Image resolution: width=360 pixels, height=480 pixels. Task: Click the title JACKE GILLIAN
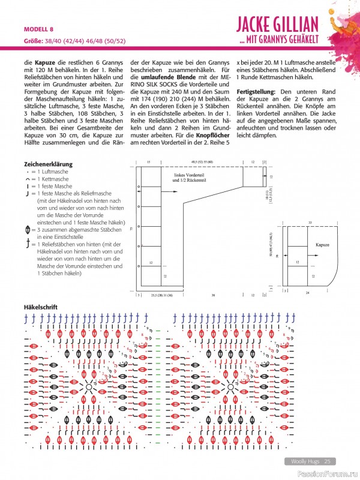(x=284, y=25)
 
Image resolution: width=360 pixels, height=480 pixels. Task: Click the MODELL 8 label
(x=39, y=29)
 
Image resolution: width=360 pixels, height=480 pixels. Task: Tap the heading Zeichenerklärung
(x=48, y=164)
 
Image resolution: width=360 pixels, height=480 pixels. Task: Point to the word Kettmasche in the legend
(x=55, y=179)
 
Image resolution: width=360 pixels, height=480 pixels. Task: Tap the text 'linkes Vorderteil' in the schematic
(x=191, y=175)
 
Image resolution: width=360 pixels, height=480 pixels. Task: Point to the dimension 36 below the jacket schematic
(x=213, y=295)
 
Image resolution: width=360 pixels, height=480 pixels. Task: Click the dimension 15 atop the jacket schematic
(x=148, y=162)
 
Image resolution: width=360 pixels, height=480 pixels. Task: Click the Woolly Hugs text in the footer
(x=304, y=461)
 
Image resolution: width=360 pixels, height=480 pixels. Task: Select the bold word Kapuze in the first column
(x=46, y=62)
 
